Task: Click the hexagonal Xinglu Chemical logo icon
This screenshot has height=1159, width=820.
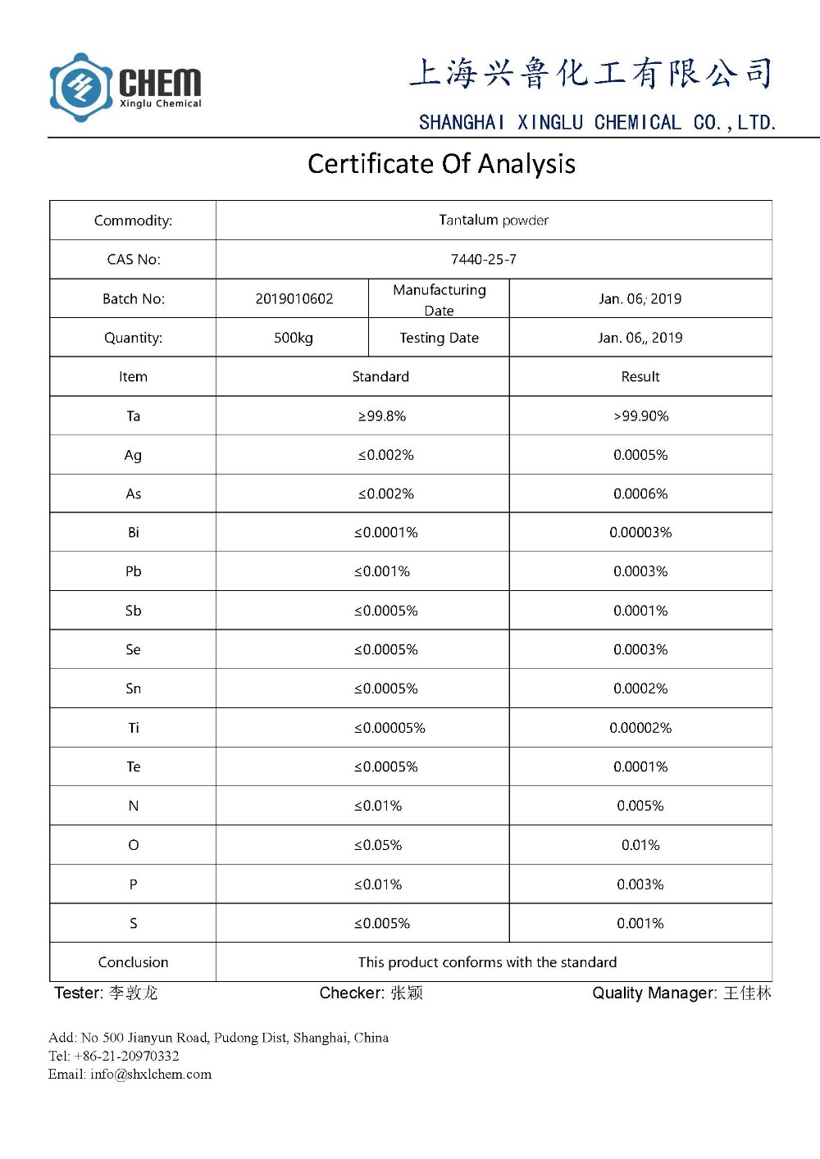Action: coord(80,87)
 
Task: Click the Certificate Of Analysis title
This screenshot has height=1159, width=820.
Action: coord(441,164)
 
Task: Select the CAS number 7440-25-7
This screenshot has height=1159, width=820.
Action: coord(483,259)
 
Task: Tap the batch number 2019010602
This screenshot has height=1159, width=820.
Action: coord(294,298)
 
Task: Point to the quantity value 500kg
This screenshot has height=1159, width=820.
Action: coord(293,338)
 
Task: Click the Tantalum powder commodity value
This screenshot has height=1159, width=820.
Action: coord(493,220)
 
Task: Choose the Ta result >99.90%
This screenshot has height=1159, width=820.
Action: coord(640,416)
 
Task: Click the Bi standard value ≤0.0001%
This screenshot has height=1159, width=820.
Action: coord(385,533)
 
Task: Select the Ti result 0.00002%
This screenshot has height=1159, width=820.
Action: coord(640,728)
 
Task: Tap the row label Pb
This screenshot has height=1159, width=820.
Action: coord(133,571)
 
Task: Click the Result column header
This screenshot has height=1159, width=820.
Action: coord(640,377)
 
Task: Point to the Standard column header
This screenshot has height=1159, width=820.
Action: coord(380,377)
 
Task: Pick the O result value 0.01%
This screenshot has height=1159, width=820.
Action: coord(640,845)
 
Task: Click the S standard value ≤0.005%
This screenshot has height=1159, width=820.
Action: coord(382,924)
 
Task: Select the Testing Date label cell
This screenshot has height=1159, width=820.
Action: coord(439,338)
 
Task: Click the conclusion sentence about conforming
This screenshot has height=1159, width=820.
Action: coord(487,962)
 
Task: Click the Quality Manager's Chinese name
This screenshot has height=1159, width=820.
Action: coord(747,993)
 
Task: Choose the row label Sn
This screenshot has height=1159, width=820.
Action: coord(133,689)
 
